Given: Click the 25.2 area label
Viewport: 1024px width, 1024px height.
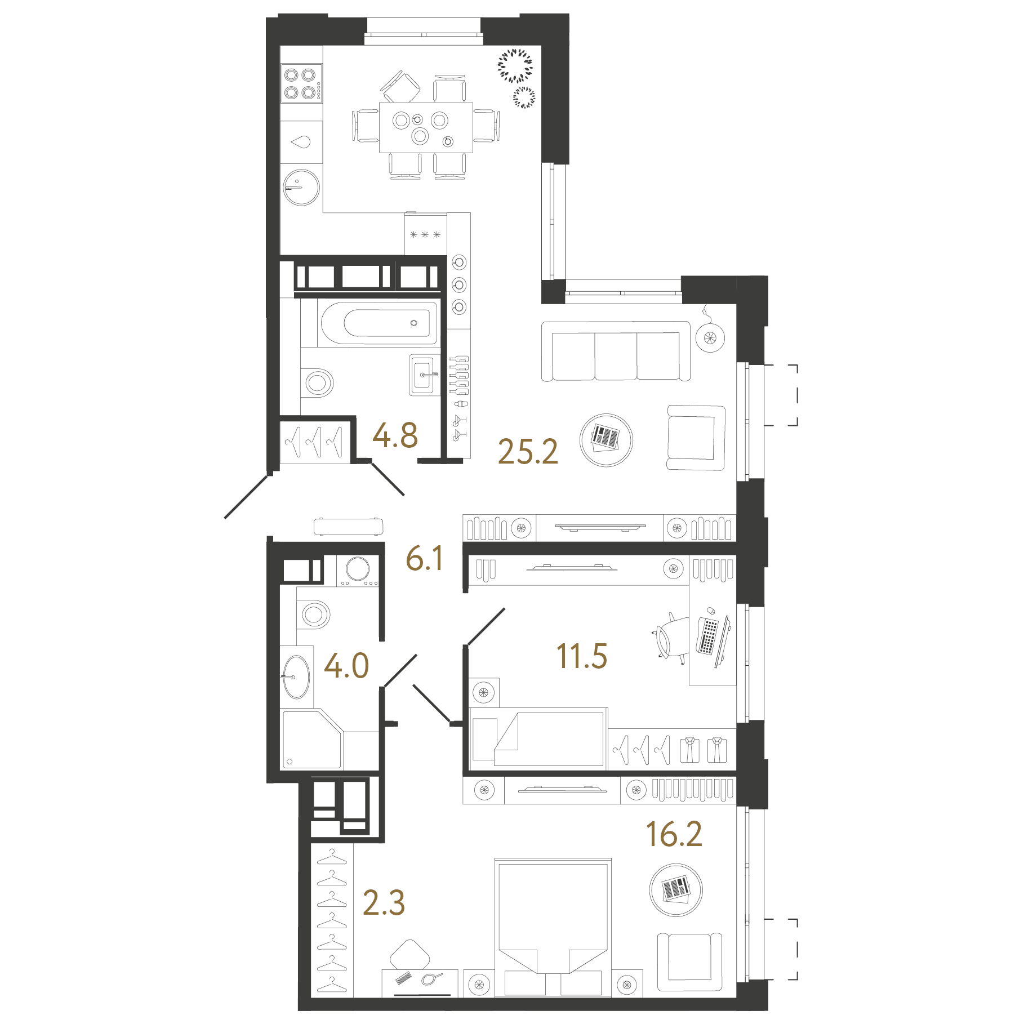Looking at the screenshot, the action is (x=528, y=452).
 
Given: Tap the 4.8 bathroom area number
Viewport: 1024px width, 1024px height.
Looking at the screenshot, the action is (x=395, y=435).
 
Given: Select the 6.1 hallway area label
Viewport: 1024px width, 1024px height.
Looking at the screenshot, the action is (x=425, y=558).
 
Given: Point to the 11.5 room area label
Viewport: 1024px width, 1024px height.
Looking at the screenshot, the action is (x=582, y=656).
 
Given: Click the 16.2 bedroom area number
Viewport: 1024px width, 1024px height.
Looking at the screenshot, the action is (x=674, y=834).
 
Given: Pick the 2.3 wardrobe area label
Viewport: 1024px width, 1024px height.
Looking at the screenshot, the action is (x=384, y=902).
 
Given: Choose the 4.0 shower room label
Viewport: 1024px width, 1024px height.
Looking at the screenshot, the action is (x=346, y=665).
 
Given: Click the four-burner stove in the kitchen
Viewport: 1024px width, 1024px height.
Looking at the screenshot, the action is (x=302, y=83).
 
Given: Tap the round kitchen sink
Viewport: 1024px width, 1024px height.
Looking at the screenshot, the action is (x=301, y=187).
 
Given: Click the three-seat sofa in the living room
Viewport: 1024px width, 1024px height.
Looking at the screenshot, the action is (x=616, y=351).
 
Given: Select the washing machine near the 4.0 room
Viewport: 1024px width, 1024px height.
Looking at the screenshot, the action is (x=358, y=571).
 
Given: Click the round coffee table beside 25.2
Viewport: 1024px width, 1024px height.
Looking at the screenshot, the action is (x=606, y=440).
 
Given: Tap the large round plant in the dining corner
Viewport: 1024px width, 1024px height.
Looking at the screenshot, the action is (x=515, y=66).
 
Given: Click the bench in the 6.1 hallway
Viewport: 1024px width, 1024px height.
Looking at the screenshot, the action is (x=349, y=526).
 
